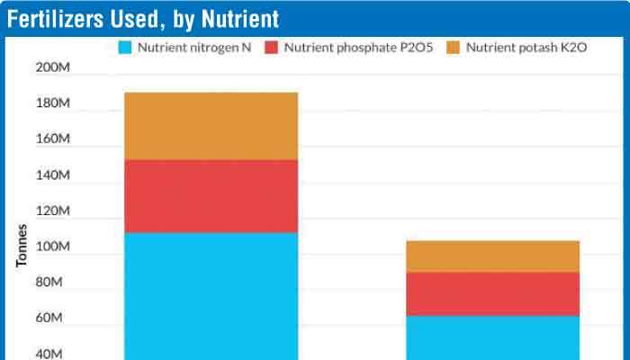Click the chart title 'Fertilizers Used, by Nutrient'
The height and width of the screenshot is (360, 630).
tap(143, 19)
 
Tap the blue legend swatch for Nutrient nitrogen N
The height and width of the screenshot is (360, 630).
tap(126, 47)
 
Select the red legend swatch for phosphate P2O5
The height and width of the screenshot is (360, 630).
tap(271, 47)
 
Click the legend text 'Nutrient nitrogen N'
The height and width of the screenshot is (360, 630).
tap(193, 47)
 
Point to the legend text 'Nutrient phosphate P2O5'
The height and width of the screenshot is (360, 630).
tap(358, 47)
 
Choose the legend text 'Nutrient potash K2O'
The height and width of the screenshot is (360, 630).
tap(526, 47)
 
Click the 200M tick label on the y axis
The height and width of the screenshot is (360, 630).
tap(52, 68)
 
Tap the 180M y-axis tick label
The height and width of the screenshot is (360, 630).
tap(52, 104)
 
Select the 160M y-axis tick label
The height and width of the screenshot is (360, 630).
tap(52, 139)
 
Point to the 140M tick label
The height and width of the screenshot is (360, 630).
tap(52, 175)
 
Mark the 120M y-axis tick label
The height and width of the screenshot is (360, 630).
tap(52, 211)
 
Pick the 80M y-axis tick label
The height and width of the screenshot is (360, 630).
tap(54, 283)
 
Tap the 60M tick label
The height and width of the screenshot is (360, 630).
tap(54, 319)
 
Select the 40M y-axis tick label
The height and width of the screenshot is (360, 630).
tap(54, 354)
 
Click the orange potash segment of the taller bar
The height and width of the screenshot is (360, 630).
tap(211, 126)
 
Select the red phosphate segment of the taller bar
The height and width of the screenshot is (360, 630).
tap(211, 196)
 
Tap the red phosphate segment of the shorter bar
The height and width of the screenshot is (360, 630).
tap(492, 293)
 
